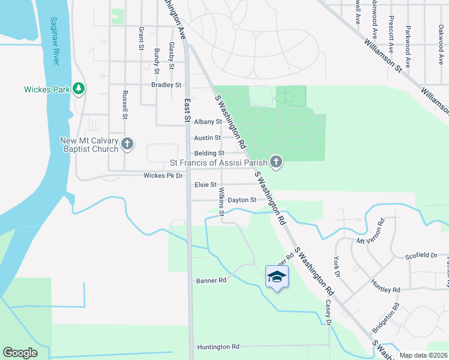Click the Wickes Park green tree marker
79,89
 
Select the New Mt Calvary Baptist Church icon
127,143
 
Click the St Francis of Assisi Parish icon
276,161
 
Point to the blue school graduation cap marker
277,277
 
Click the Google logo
20,353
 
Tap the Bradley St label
166,85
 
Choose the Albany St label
208,122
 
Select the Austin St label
207,138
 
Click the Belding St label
209,154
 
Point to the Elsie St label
205,185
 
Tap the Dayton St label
242,200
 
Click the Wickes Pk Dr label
163,176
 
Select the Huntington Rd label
218,347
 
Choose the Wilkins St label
221,202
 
